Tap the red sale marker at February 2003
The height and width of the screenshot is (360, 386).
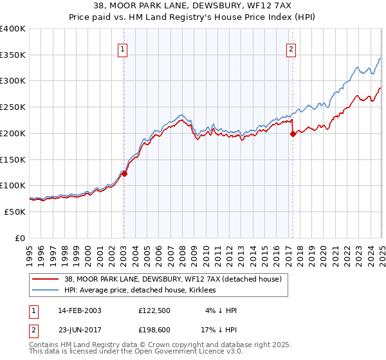pyautogui.click(x=125, y=173)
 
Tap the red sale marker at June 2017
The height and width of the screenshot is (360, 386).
pyautogui.click(x=293, y=134)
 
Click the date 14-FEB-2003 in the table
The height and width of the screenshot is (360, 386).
pyautogui.click(x=80, y=310)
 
